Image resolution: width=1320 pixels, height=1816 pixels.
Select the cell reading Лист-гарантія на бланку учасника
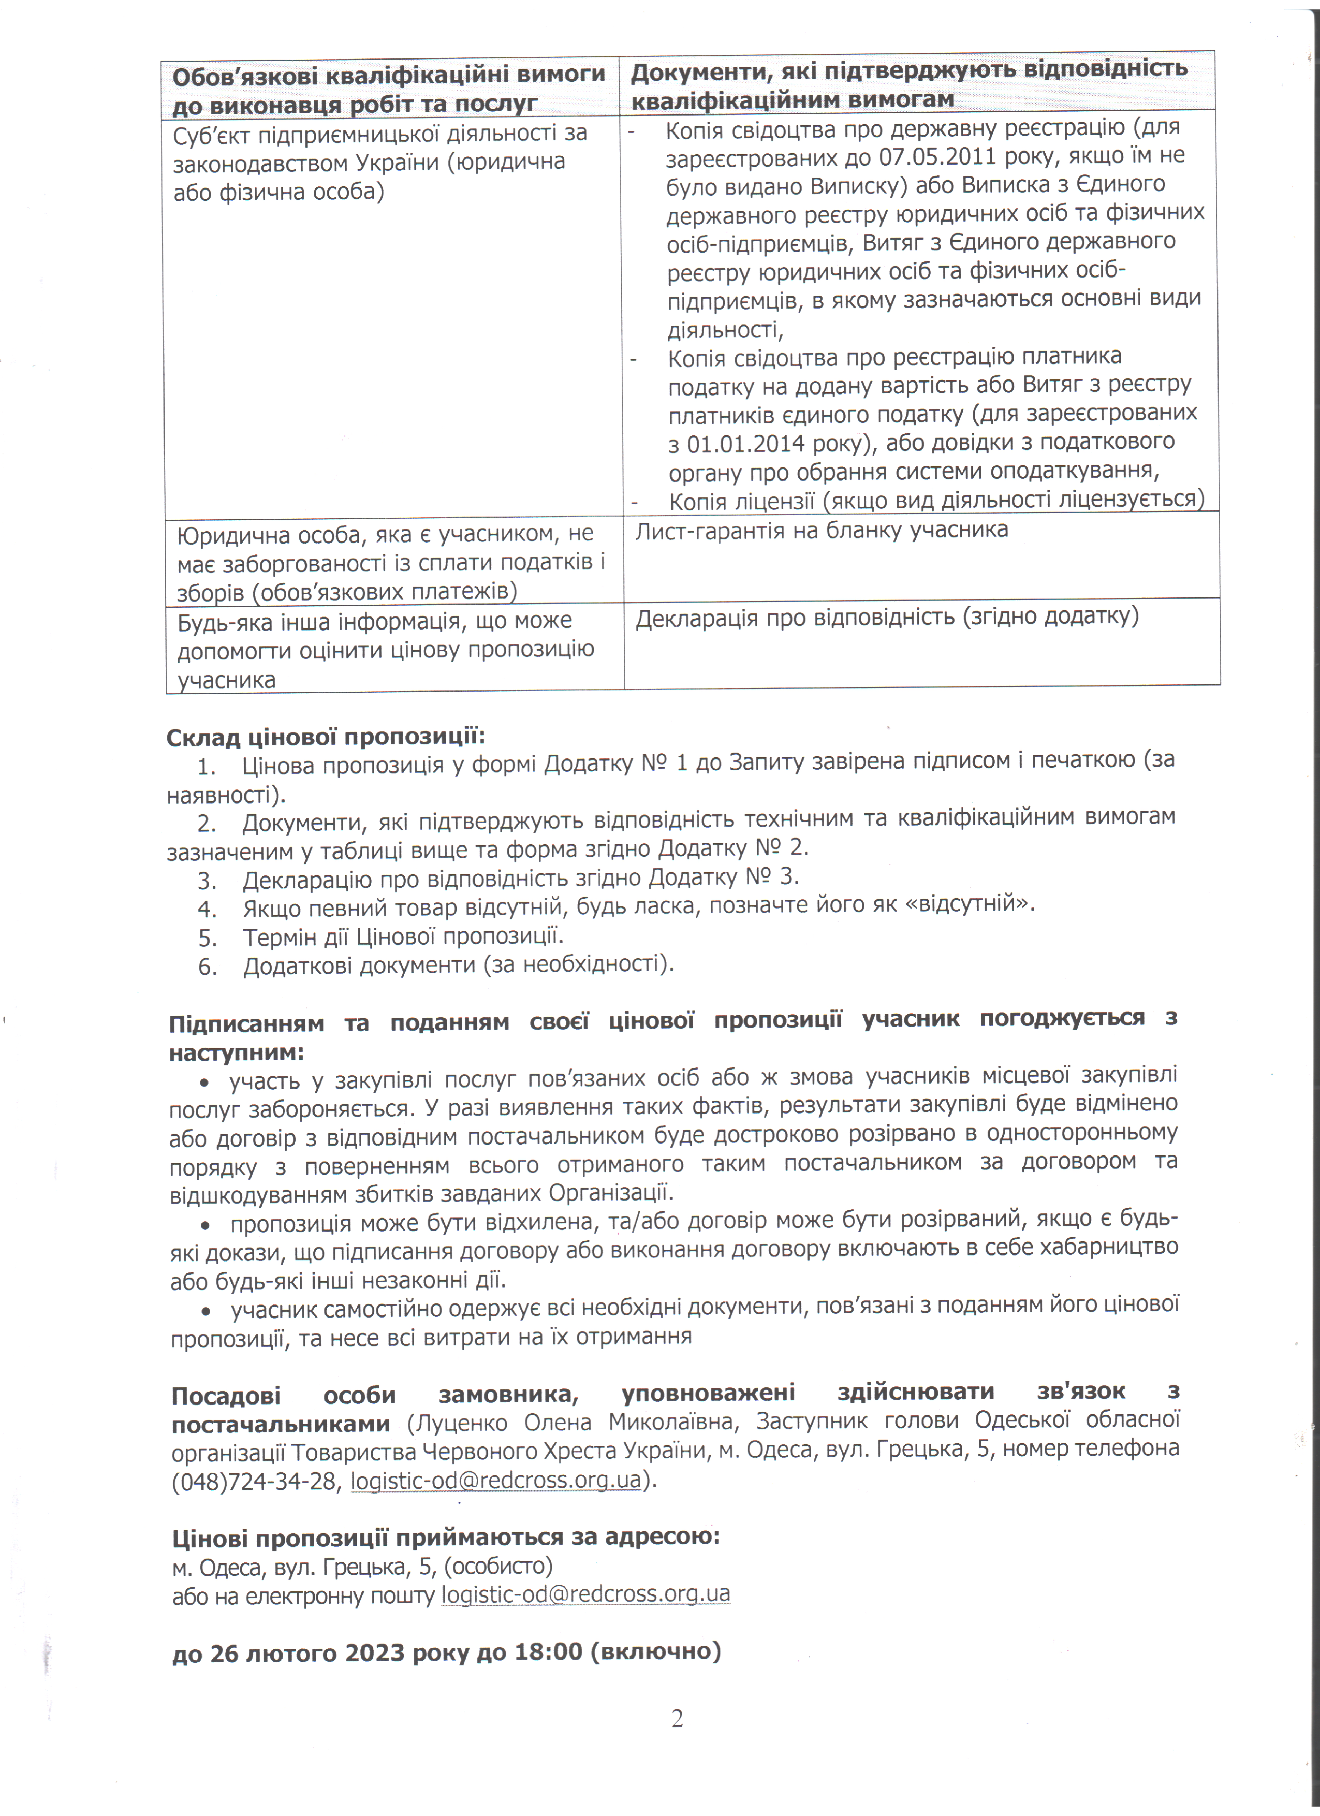coord(821,530)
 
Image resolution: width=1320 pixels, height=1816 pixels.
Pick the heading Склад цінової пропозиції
coord(326,737)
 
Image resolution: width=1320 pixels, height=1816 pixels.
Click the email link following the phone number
coord(496,1481)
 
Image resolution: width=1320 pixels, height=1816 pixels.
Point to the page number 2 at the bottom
coord(677,1719)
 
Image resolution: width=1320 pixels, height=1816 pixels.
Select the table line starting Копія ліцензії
coord(936,500)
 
